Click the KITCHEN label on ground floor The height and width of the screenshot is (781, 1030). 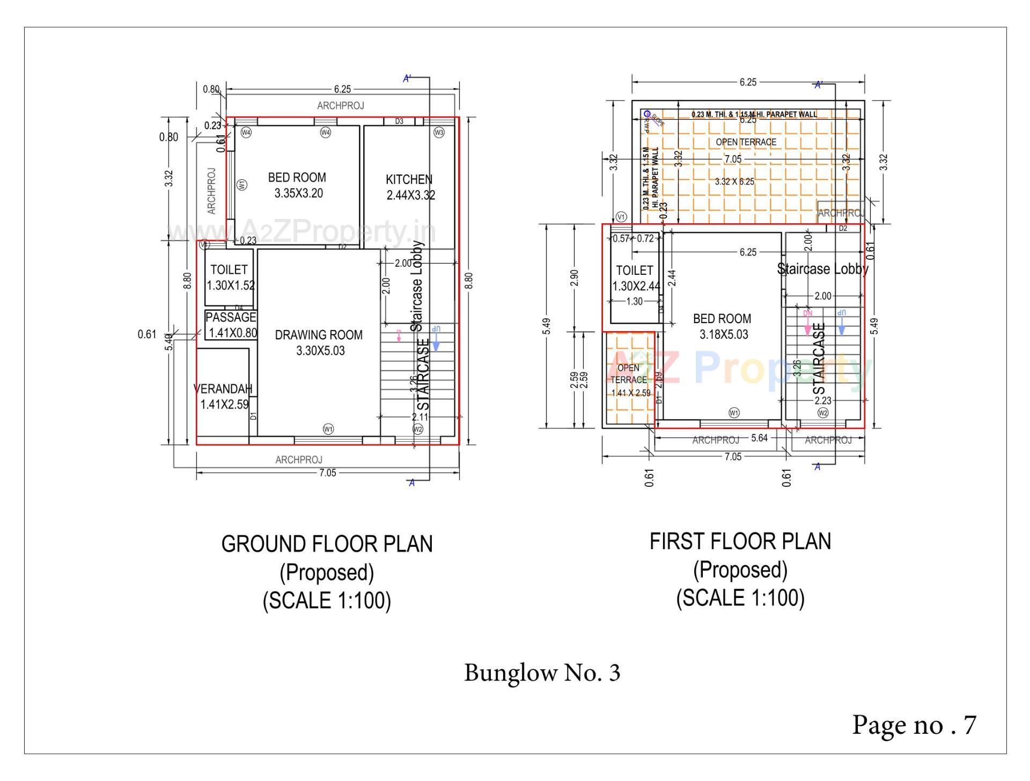coord(409,179)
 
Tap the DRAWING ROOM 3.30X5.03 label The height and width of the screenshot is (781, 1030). coord(319,342)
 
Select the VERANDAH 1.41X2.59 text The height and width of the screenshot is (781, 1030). coord(223,396)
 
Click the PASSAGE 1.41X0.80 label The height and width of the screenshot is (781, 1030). coord(231,325)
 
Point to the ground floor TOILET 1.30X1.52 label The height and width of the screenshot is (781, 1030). coord(229,277)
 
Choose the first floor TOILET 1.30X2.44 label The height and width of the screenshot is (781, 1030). coord(635,278)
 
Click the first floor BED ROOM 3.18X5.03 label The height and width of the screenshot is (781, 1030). coord(723,326)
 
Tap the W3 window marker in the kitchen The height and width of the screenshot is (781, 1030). coord(439,132)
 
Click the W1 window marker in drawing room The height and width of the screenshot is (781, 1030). coord(328,429)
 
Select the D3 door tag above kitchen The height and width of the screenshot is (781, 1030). coord(399,121)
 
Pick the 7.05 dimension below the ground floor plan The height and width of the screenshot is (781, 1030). coord(327,473)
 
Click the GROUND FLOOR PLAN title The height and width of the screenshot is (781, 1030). coord(327,544)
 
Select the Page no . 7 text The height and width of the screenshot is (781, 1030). coord(914,725)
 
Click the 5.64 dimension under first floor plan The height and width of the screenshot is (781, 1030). coord(759,438)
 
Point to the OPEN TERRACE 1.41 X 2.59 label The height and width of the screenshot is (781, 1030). coord(629,380)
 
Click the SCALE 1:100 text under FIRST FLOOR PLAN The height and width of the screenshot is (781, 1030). coord(740,597)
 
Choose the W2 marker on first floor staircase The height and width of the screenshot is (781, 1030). coord(823,413)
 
